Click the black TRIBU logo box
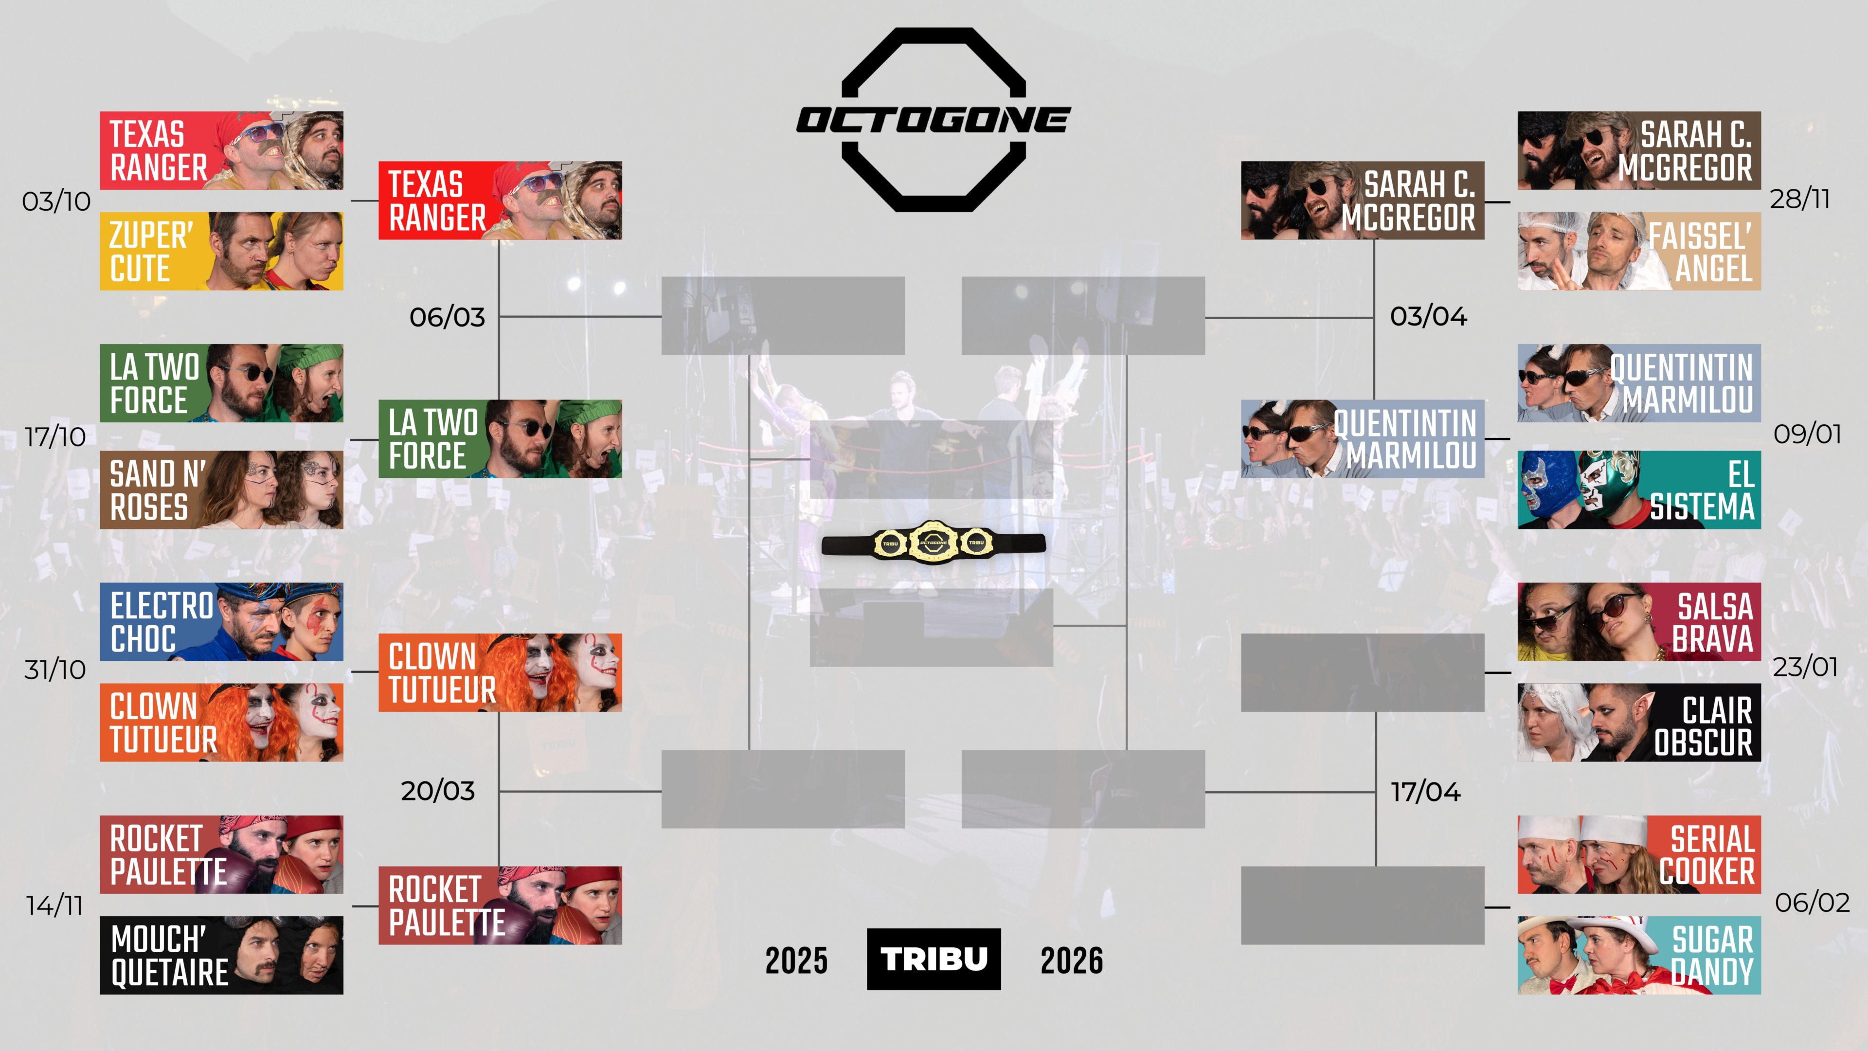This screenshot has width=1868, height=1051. pos(934,959)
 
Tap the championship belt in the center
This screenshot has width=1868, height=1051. pos(934,542)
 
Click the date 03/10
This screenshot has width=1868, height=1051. pos(56,201)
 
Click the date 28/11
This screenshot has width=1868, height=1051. pos(1800,199)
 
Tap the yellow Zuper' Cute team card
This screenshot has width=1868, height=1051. pos(221,251)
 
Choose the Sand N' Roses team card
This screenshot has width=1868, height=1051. pos(221,489)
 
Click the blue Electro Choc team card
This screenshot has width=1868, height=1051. pos(221,622)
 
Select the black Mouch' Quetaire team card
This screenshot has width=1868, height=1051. pos(221,955)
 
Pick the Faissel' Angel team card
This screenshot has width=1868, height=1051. pos(1639,251)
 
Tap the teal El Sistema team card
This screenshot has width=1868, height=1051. pos(1639,489)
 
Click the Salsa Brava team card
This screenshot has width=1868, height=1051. pos(1639,622)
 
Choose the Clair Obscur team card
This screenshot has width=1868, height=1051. pos(1639,723)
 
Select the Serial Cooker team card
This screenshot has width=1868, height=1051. pos(1639,854)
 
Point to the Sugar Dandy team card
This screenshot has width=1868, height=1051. pos(1639,955)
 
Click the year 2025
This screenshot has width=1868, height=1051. pos(796,960)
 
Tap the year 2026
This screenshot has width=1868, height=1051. pos(1072,960)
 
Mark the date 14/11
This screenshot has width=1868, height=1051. pos(54,905)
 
